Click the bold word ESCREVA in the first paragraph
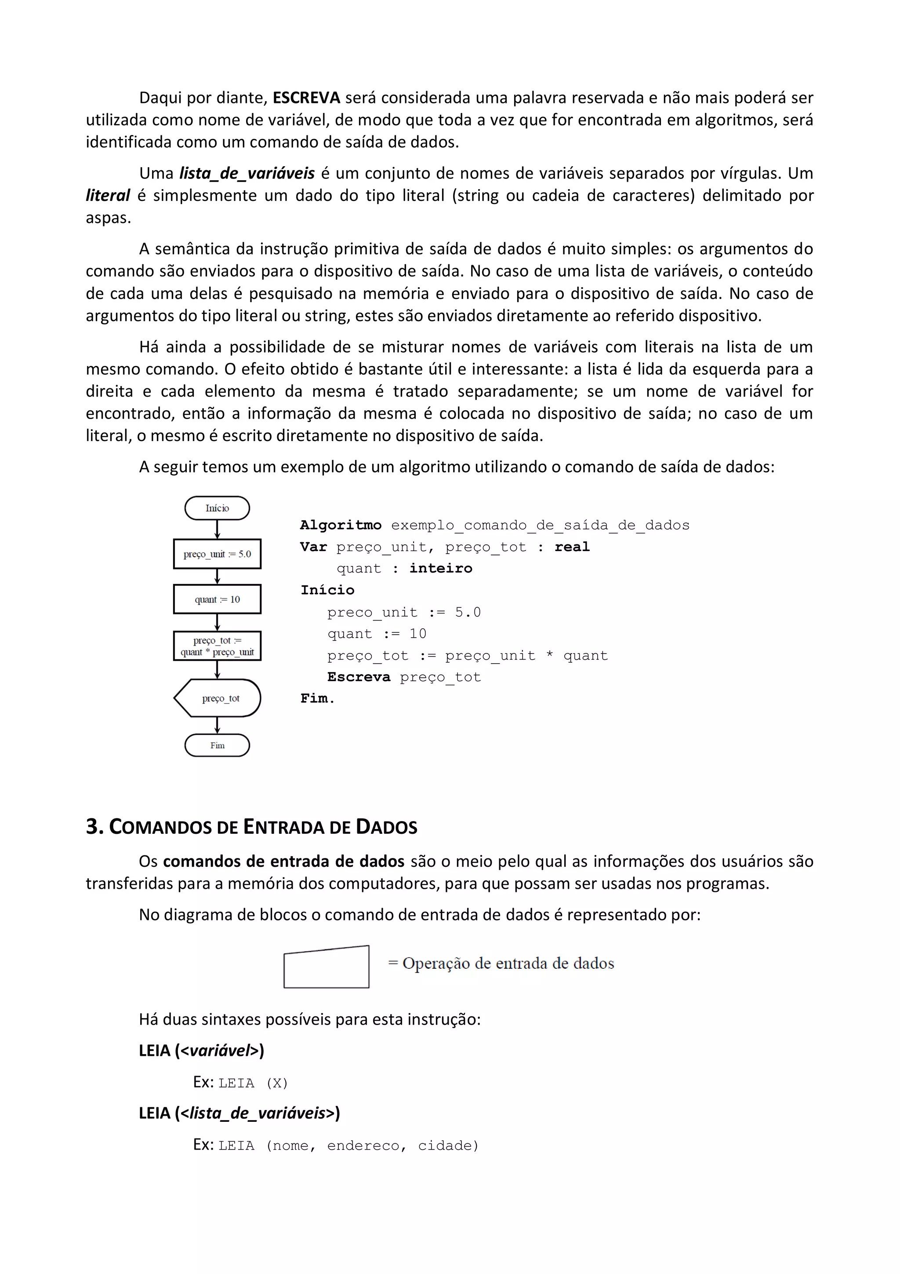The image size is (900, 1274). [306, 98]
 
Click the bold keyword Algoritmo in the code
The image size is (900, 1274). [341, 525]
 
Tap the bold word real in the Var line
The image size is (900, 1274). [572, 547]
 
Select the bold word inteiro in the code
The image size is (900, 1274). [441, 568]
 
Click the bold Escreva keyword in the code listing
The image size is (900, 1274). [358, 677]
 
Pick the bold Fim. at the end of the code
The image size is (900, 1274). [317, 699]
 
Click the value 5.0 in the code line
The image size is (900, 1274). [468, 612]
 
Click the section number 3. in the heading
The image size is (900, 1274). [95, 827]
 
